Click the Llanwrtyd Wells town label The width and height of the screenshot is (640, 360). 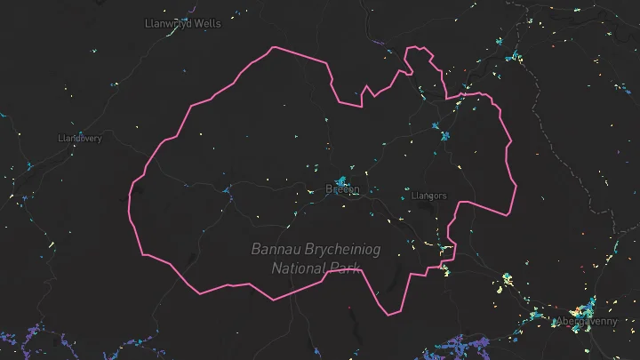coord(182,23)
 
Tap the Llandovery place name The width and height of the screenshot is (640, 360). coord(80,139)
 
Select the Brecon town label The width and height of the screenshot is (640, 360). coord(342,189)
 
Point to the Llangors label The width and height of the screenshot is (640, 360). coord(429,196)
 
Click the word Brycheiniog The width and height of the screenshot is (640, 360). coord(340,250)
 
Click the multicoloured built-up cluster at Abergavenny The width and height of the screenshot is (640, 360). coord(584,310)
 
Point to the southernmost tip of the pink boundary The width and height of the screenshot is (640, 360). coord(390,315)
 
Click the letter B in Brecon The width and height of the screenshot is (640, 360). coord(330,189)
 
